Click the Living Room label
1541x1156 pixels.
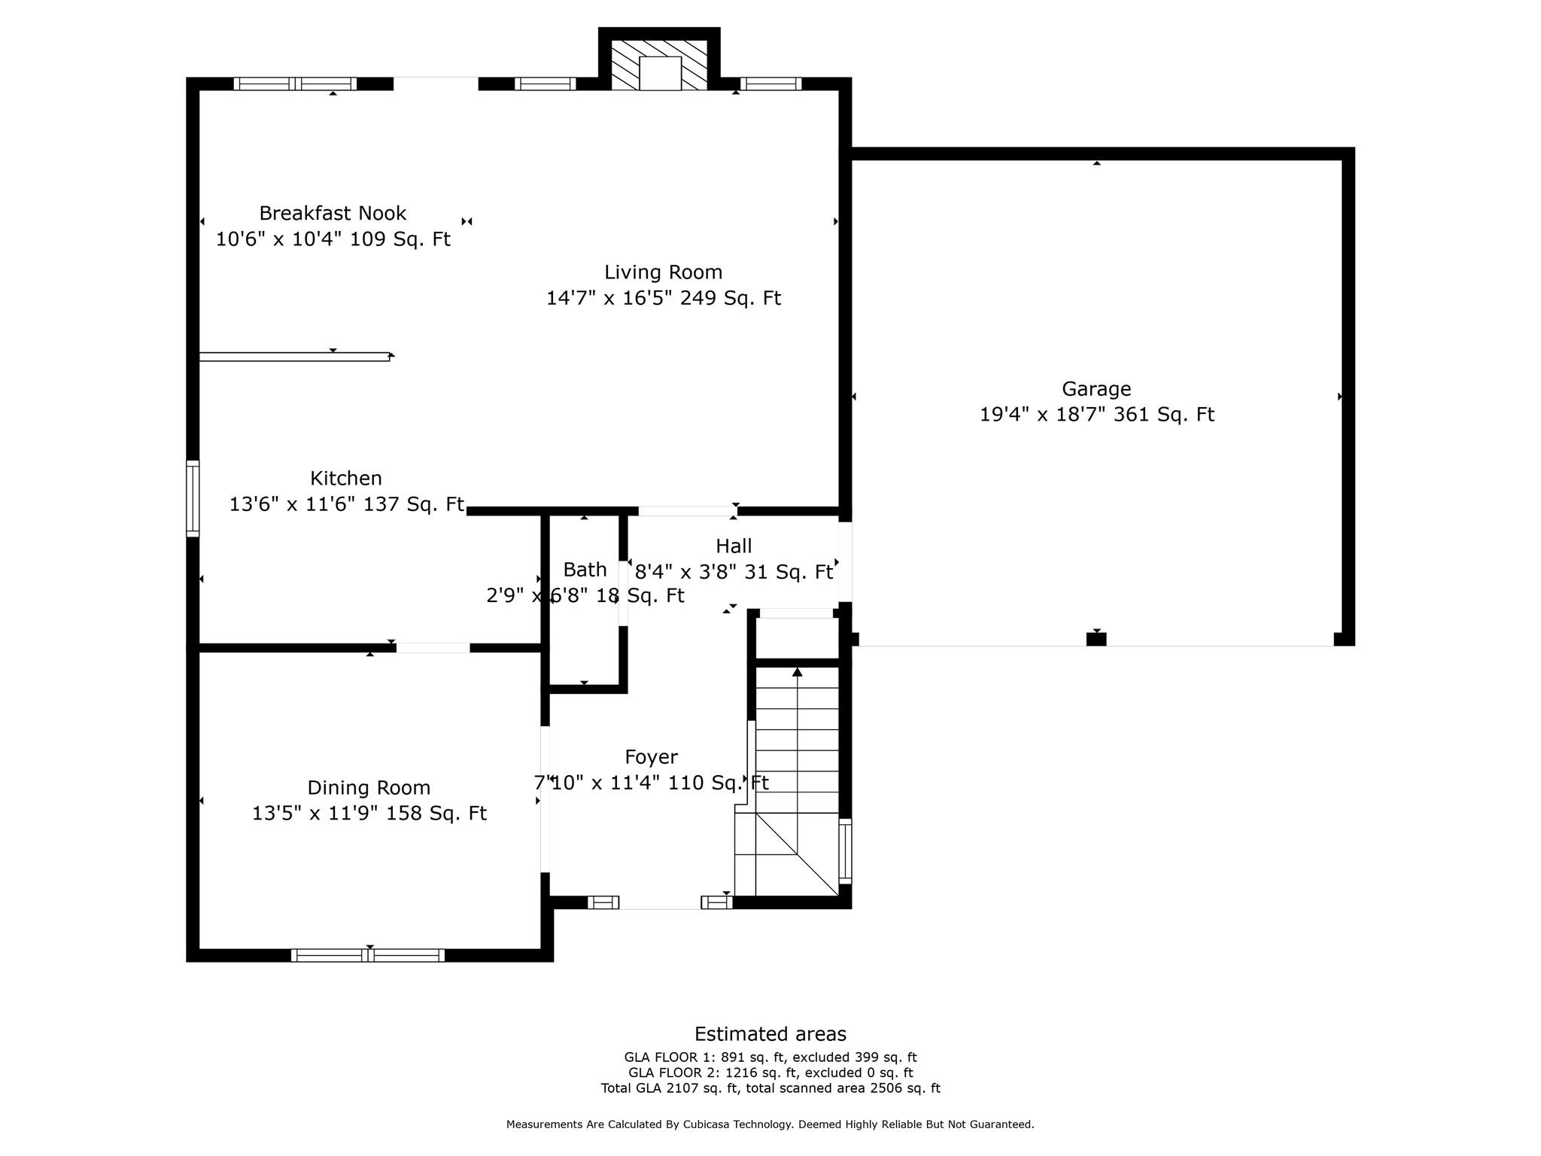(663, 272)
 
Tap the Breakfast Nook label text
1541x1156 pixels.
(333, 214)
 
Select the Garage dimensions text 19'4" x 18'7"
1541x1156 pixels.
(1043, 415)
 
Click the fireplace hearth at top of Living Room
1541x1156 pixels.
(660, 73)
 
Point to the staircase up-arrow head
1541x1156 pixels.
(797, 671)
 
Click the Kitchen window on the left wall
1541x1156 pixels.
(193, 498)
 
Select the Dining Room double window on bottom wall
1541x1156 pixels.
(368, 955)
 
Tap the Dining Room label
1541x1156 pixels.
(369, 788)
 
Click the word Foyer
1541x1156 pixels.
(651, 757)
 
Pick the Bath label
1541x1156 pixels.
(585, 570)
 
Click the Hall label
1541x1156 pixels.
(733, 546)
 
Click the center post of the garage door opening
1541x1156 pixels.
(1096, 639)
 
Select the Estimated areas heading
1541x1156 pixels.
(770, 1034)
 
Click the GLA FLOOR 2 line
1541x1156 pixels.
(770, 1072)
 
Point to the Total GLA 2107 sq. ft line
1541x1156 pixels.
(770, 1088)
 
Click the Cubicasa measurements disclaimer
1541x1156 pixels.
(770, 1124)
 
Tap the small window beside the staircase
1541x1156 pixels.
(845, 851)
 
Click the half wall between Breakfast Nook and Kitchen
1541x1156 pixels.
(294, 357)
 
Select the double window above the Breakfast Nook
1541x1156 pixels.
(295, 84)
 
